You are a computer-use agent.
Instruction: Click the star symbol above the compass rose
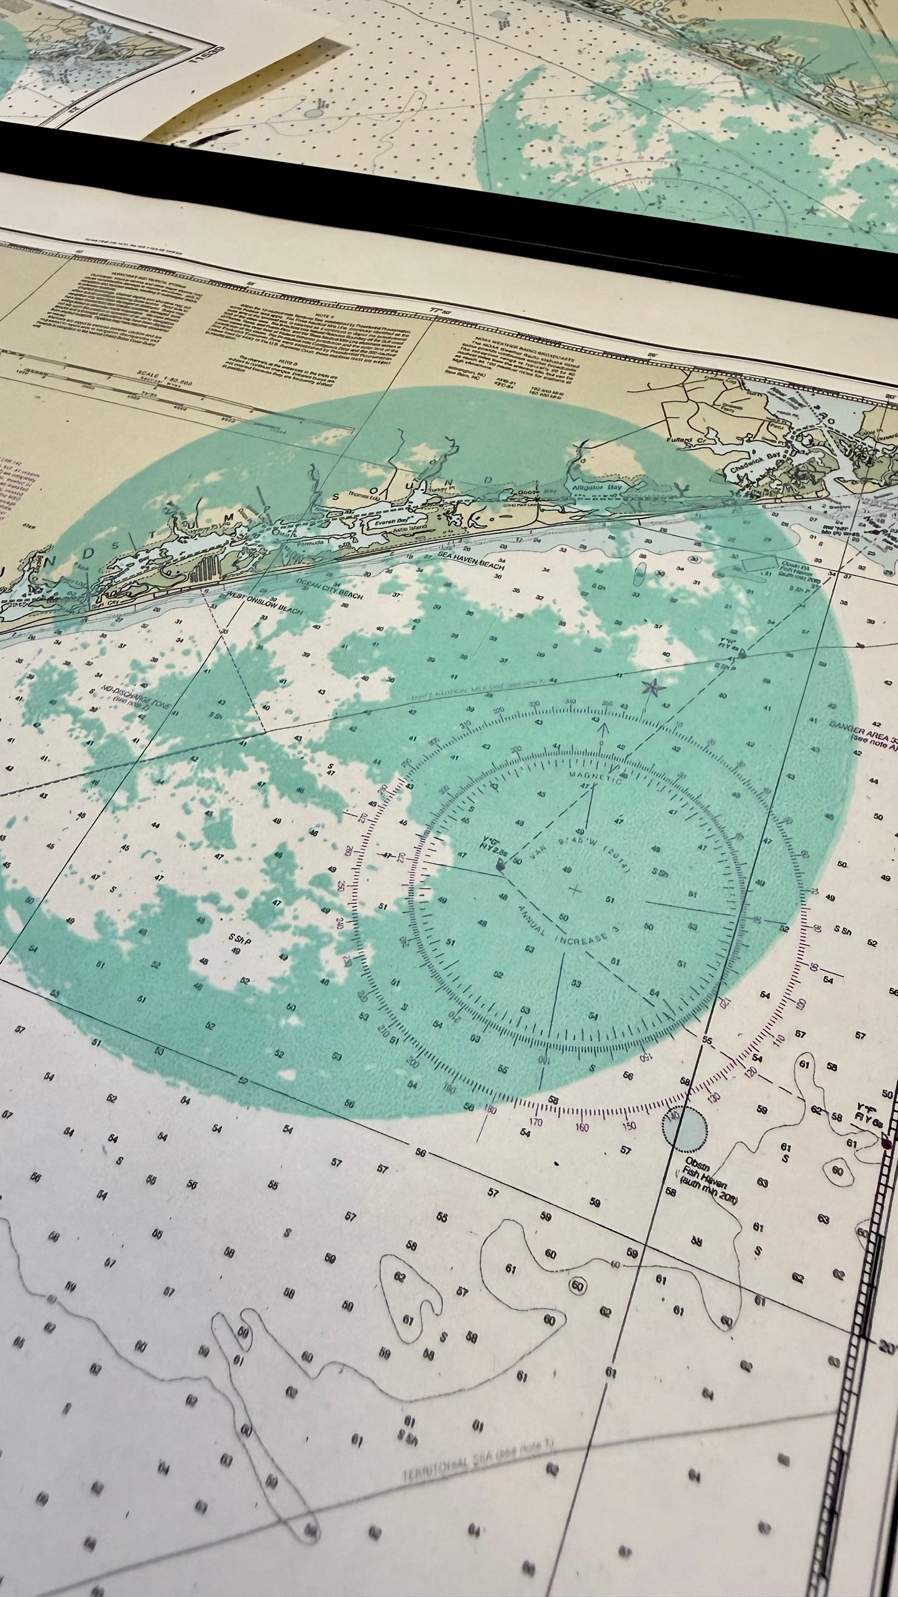653,688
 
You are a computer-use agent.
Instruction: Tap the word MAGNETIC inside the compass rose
596,778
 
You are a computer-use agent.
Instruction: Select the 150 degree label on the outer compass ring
629,1125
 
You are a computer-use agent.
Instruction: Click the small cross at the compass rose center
575,890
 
